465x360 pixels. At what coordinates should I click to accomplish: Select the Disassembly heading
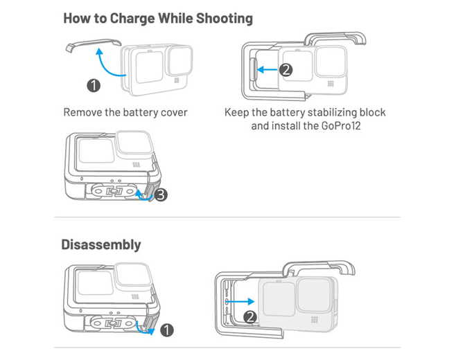coord(101,244)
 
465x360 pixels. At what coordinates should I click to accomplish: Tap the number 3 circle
coord(161,195)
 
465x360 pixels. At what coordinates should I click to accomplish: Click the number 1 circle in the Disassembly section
coord(166,330)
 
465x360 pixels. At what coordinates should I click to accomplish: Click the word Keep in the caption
coord(236,112)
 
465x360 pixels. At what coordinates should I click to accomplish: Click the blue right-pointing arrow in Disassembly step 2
coord(240,301)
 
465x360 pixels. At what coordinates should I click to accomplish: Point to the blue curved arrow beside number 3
coord(147,196)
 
